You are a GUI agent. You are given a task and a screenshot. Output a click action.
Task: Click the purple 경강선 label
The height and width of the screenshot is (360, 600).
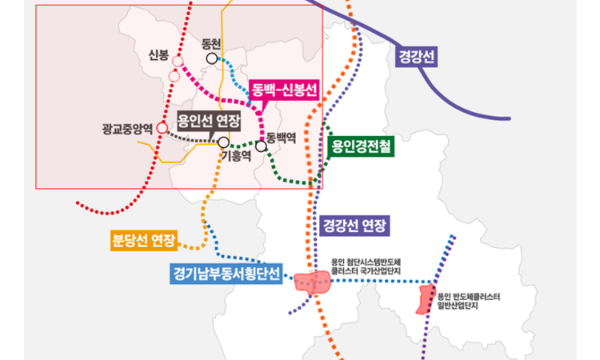point(419,58)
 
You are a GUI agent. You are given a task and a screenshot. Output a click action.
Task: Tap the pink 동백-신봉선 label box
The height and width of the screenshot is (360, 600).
point(284,89)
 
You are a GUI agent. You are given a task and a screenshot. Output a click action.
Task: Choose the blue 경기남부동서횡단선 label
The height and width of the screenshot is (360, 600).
point(226,274)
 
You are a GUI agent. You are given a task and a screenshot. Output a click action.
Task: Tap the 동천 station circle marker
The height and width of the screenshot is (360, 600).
point(212,58)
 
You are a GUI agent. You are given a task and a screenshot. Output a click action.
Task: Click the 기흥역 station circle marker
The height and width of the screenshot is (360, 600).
point(223,142)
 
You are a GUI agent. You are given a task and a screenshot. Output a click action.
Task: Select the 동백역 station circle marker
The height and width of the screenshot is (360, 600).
point(261,146)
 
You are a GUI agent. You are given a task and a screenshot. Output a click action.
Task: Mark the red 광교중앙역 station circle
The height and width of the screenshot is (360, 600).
point(162,127)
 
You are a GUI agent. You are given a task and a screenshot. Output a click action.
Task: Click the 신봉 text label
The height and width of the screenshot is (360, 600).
point(158,55)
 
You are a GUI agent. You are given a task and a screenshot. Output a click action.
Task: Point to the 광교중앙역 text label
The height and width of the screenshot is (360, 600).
point(127,127)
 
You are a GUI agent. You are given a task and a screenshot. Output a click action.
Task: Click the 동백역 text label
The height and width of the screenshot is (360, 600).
point(282,137)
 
